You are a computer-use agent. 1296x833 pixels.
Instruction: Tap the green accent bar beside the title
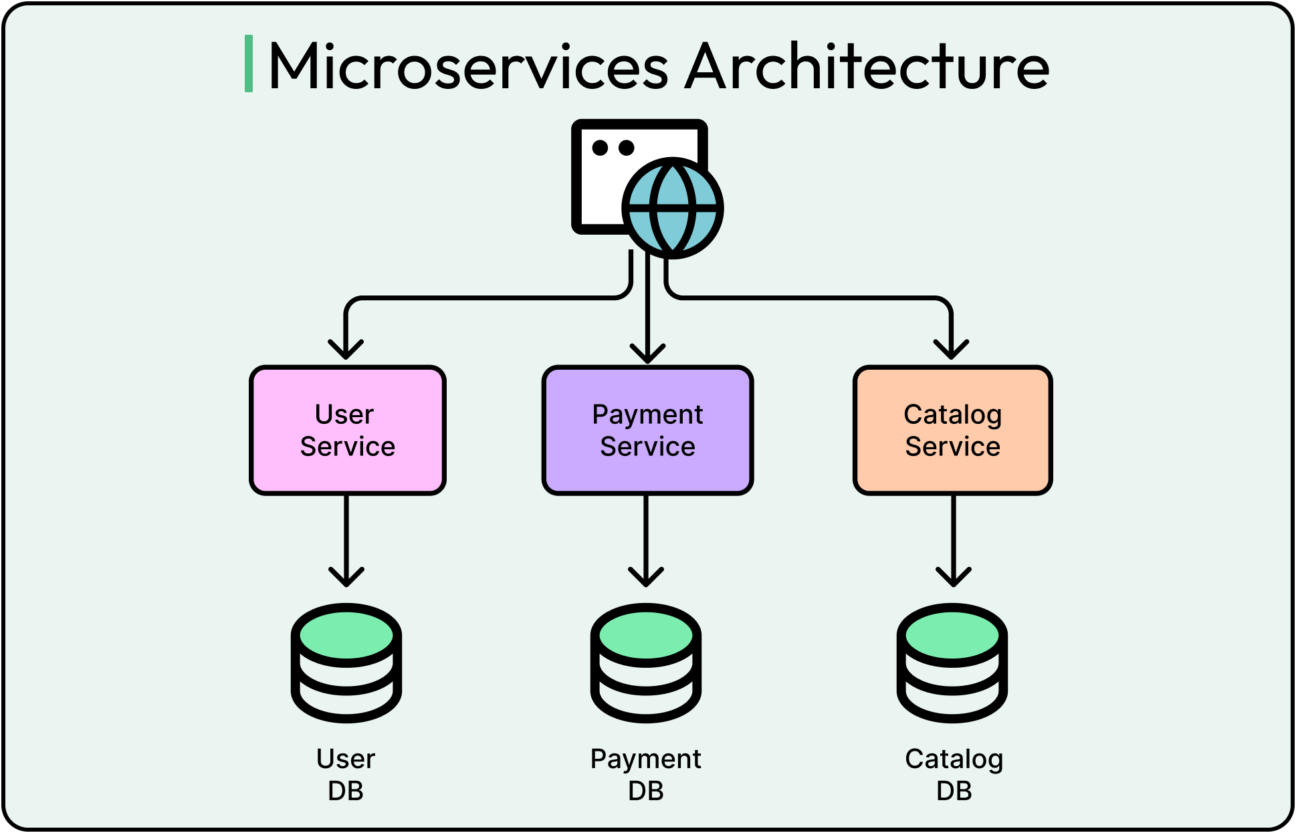(249, 64)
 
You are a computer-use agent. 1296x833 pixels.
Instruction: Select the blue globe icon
(673, 208)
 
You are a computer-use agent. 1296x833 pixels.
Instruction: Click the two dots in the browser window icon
(613, 148)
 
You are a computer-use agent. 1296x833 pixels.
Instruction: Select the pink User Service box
(347, 430)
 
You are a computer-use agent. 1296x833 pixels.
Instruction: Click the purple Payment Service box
(647, 430)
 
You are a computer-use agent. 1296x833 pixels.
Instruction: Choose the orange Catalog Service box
(952, 430)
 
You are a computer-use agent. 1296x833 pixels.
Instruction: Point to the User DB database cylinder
(346, 663)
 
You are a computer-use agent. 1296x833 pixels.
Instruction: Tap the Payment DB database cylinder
(646, 663)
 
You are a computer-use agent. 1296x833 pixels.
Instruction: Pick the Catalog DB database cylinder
(952, 663)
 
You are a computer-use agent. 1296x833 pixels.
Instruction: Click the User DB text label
(346, 774)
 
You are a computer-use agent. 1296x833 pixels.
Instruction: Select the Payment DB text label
(646, 774)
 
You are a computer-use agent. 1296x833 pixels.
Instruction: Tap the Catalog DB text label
(954, 774)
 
